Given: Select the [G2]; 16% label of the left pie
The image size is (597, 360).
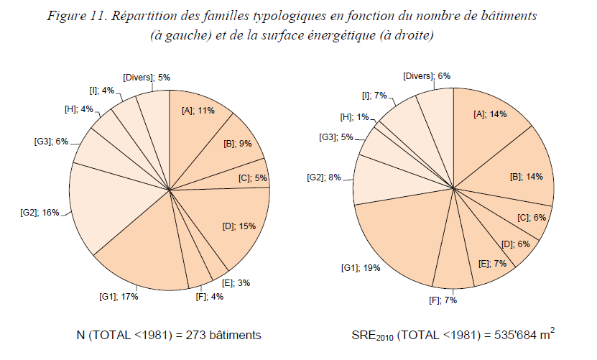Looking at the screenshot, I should pos(40,213).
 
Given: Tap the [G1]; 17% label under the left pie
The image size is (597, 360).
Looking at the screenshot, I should pos(118,295).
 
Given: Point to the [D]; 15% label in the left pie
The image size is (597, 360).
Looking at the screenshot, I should pos(239,226).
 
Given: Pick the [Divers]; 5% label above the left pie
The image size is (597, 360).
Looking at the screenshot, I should pos(146,77).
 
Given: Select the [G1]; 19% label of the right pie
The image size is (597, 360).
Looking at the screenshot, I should pos(361,267).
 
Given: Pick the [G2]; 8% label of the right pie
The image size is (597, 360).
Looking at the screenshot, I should pos(325,177).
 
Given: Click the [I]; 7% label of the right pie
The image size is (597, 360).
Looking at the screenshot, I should pos(375,95).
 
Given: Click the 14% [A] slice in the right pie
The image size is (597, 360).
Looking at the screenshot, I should pos(489,137).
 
